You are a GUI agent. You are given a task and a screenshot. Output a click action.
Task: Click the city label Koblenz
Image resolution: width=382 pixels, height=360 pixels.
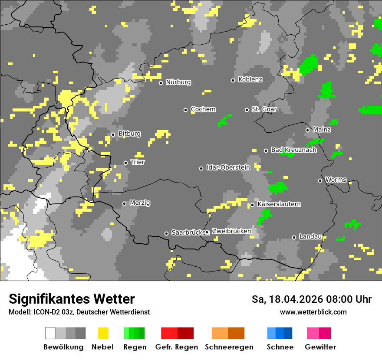pos(250,79)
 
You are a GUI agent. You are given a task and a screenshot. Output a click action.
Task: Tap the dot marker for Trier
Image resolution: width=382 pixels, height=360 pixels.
pos(126,163)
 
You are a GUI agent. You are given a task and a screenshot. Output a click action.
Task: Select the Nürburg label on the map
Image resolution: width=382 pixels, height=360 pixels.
pos(178,82)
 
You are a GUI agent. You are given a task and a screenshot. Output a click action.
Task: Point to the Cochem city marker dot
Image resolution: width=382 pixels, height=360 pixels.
pos(185,110)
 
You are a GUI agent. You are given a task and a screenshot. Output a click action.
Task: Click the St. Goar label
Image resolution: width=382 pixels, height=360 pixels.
pos(264,109)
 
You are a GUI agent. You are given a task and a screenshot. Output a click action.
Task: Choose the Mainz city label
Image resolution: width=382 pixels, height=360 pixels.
pos(322,129)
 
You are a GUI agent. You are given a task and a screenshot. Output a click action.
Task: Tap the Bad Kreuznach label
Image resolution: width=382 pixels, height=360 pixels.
pos(293,150)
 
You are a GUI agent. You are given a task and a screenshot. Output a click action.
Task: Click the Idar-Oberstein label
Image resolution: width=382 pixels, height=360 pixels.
pos(228,167)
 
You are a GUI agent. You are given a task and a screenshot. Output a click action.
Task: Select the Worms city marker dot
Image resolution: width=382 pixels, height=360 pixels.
pos(320,180)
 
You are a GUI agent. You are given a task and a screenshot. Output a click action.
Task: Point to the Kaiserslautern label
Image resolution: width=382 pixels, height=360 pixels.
pos(279,204)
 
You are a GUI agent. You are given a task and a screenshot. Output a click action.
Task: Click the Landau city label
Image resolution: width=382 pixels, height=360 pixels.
pos(310,236)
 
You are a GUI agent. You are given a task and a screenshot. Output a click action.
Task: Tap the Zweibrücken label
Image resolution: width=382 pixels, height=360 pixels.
pos(231,231)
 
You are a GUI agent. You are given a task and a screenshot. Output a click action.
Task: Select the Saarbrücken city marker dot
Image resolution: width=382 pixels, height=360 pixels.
pos(166,233)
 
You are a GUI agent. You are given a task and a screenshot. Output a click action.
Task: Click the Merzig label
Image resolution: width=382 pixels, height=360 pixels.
pos(140,203)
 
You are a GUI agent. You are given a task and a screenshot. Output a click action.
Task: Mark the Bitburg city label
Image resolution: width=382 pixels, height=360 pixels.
pos(129,134)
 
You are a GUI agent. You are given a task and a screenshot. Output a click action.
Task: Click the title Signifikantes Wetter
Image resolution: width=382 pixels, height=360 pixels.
pos(72,299)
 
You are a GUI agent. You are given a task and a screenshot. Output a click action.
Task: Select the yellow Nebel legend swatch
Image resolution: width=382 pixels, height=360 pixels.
pos(103,333)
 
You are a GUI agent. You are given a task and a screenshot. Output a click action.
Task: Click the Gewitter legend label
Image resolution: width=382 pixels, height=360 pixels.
pos(320,347)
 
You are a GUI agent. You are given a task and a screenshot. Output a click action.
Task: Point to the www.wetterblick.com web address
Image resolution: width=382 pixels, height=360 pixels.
pos(313,312)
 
